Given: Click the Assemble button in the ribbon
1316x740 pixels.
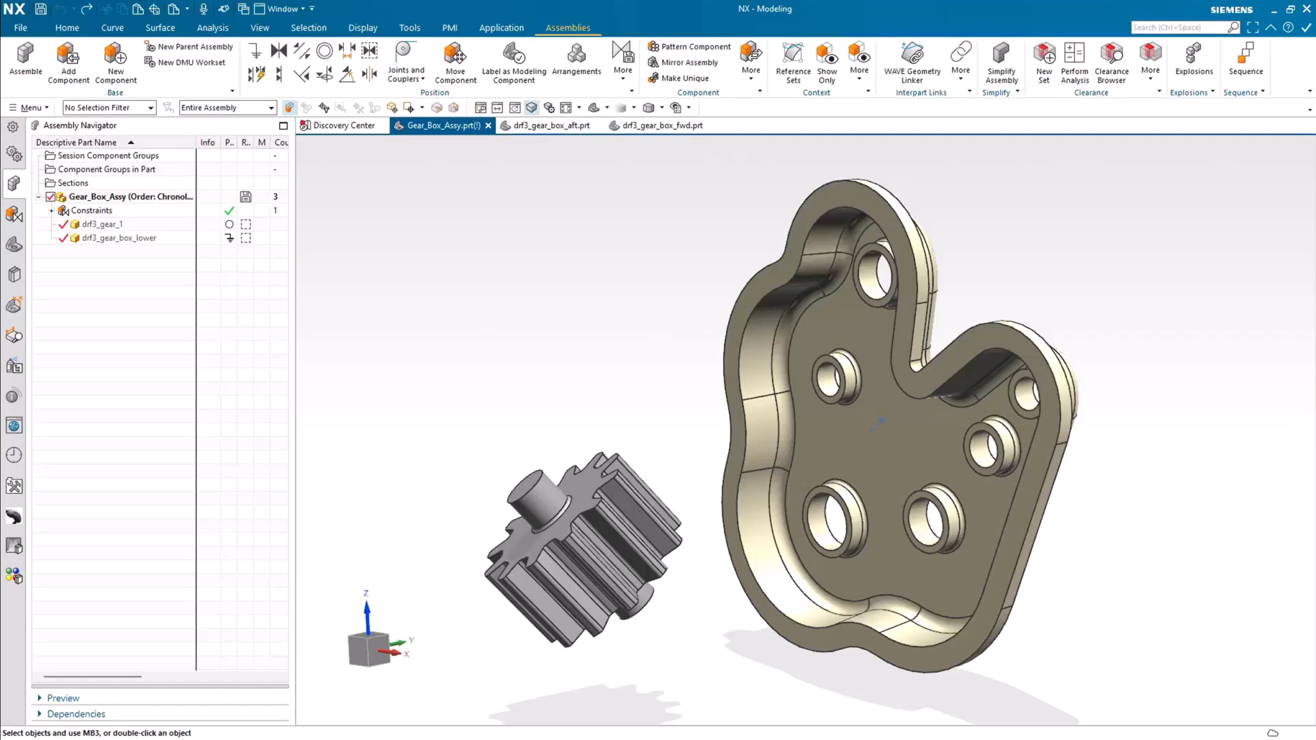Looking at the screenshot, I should point(25,59).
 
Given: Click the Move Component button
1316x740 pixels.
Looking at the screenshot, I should point(455,62).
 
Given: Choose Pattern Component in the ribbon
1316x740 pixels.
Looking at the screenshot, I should point(689,46).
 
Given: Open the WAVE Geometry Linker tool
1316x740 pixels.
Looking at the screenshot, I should point(911,62).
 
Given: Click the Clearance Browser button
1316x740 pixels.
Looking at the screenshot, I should point(1111,62).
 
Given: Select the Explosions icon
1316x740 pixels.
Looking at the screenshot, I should point(1193,59).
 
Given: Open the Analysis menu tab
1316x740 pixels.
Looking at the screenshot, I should point(212,28).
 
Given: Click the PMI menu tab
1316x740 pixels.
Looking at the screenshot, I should point(449,28).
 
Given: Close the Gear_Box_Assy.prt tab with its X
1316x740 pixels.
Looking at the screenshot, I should point(488,125).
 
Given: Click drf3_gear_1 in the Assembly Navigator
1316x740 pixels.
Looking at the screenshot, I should point(102,224).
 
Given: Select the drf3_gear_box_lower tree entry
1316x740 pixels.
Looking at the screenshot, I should point(119,238).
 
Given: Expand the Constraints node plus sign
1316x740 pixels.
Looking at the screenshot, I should point(51,211).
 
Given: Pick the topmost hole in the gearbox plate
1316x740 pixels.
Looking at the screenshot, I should point(875,275).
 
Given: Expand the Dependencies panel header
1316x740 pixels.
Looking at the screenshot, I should point(75,714).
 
